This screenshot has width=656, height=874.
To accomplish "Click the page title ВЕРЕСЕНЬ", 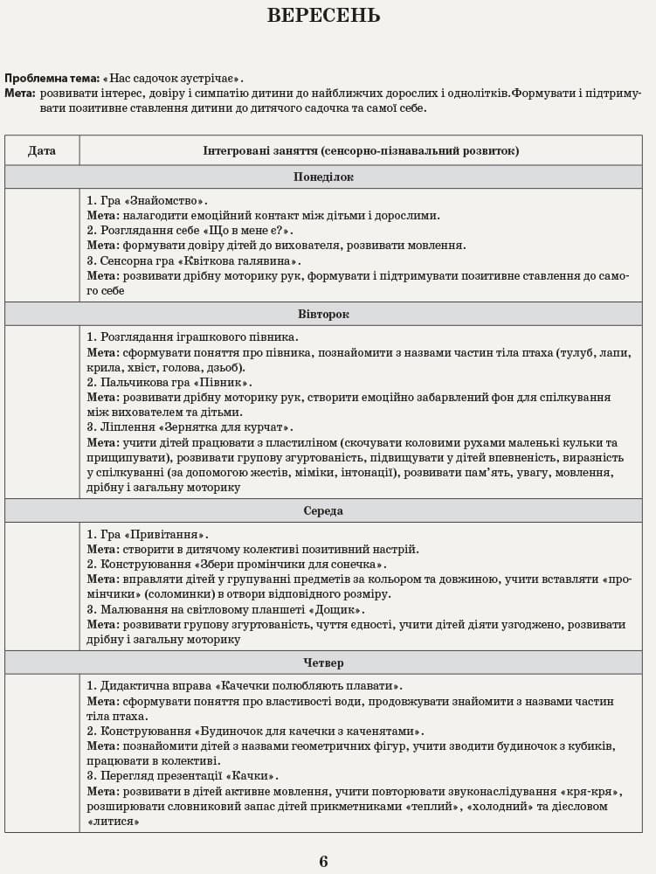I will (x=323, y=17).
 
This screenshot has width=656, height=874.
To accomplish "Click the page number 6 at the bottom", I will (x=323, y=862).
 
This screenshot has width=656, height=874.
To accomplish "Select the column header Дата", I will (x=42, y=150).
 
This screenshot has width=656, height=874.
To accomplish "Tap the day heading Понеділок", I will (x=323, y=177).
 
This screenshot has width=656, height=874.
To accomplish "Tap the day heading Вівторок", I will (x=323, y=314).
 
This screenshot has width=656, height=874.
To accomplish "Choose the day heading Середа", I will (x=323, y=510).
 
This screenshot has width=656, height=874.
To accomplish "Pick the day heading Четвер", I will (x=323, y=662).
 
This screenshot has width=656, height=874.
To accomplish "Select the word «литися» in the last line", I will (x=114, y=822).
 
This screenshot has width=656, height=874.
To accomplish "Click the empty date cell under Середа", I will (x=42, y=586).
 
